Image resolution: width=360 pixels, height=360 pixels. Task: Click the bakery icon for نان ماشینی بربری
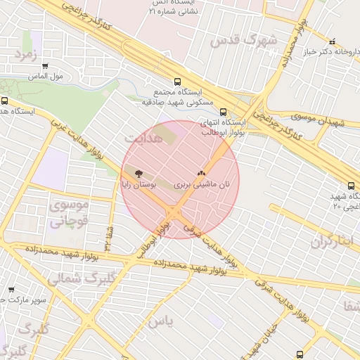click(x=202, y=173)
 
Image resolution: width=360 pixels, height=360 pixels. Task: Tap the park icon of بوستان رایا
click(x=137, y=173)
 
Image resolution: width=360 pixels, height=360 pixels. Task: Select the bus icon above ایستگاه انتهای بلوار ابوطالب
click(x=224, y=112)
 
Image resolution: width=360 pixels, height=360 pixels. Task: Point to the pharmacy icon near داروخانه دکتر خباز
click(x=333, y=41)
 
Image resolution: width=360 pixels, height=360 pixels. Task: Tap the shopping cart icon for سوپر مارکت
click(x=11, y=290)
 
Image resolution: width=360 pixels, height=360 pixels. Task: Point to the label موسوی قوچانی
click(x=68, y=214)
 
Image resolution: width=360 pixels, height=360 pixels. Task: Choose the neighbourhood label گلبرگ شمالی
click(x=75, y=278)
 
